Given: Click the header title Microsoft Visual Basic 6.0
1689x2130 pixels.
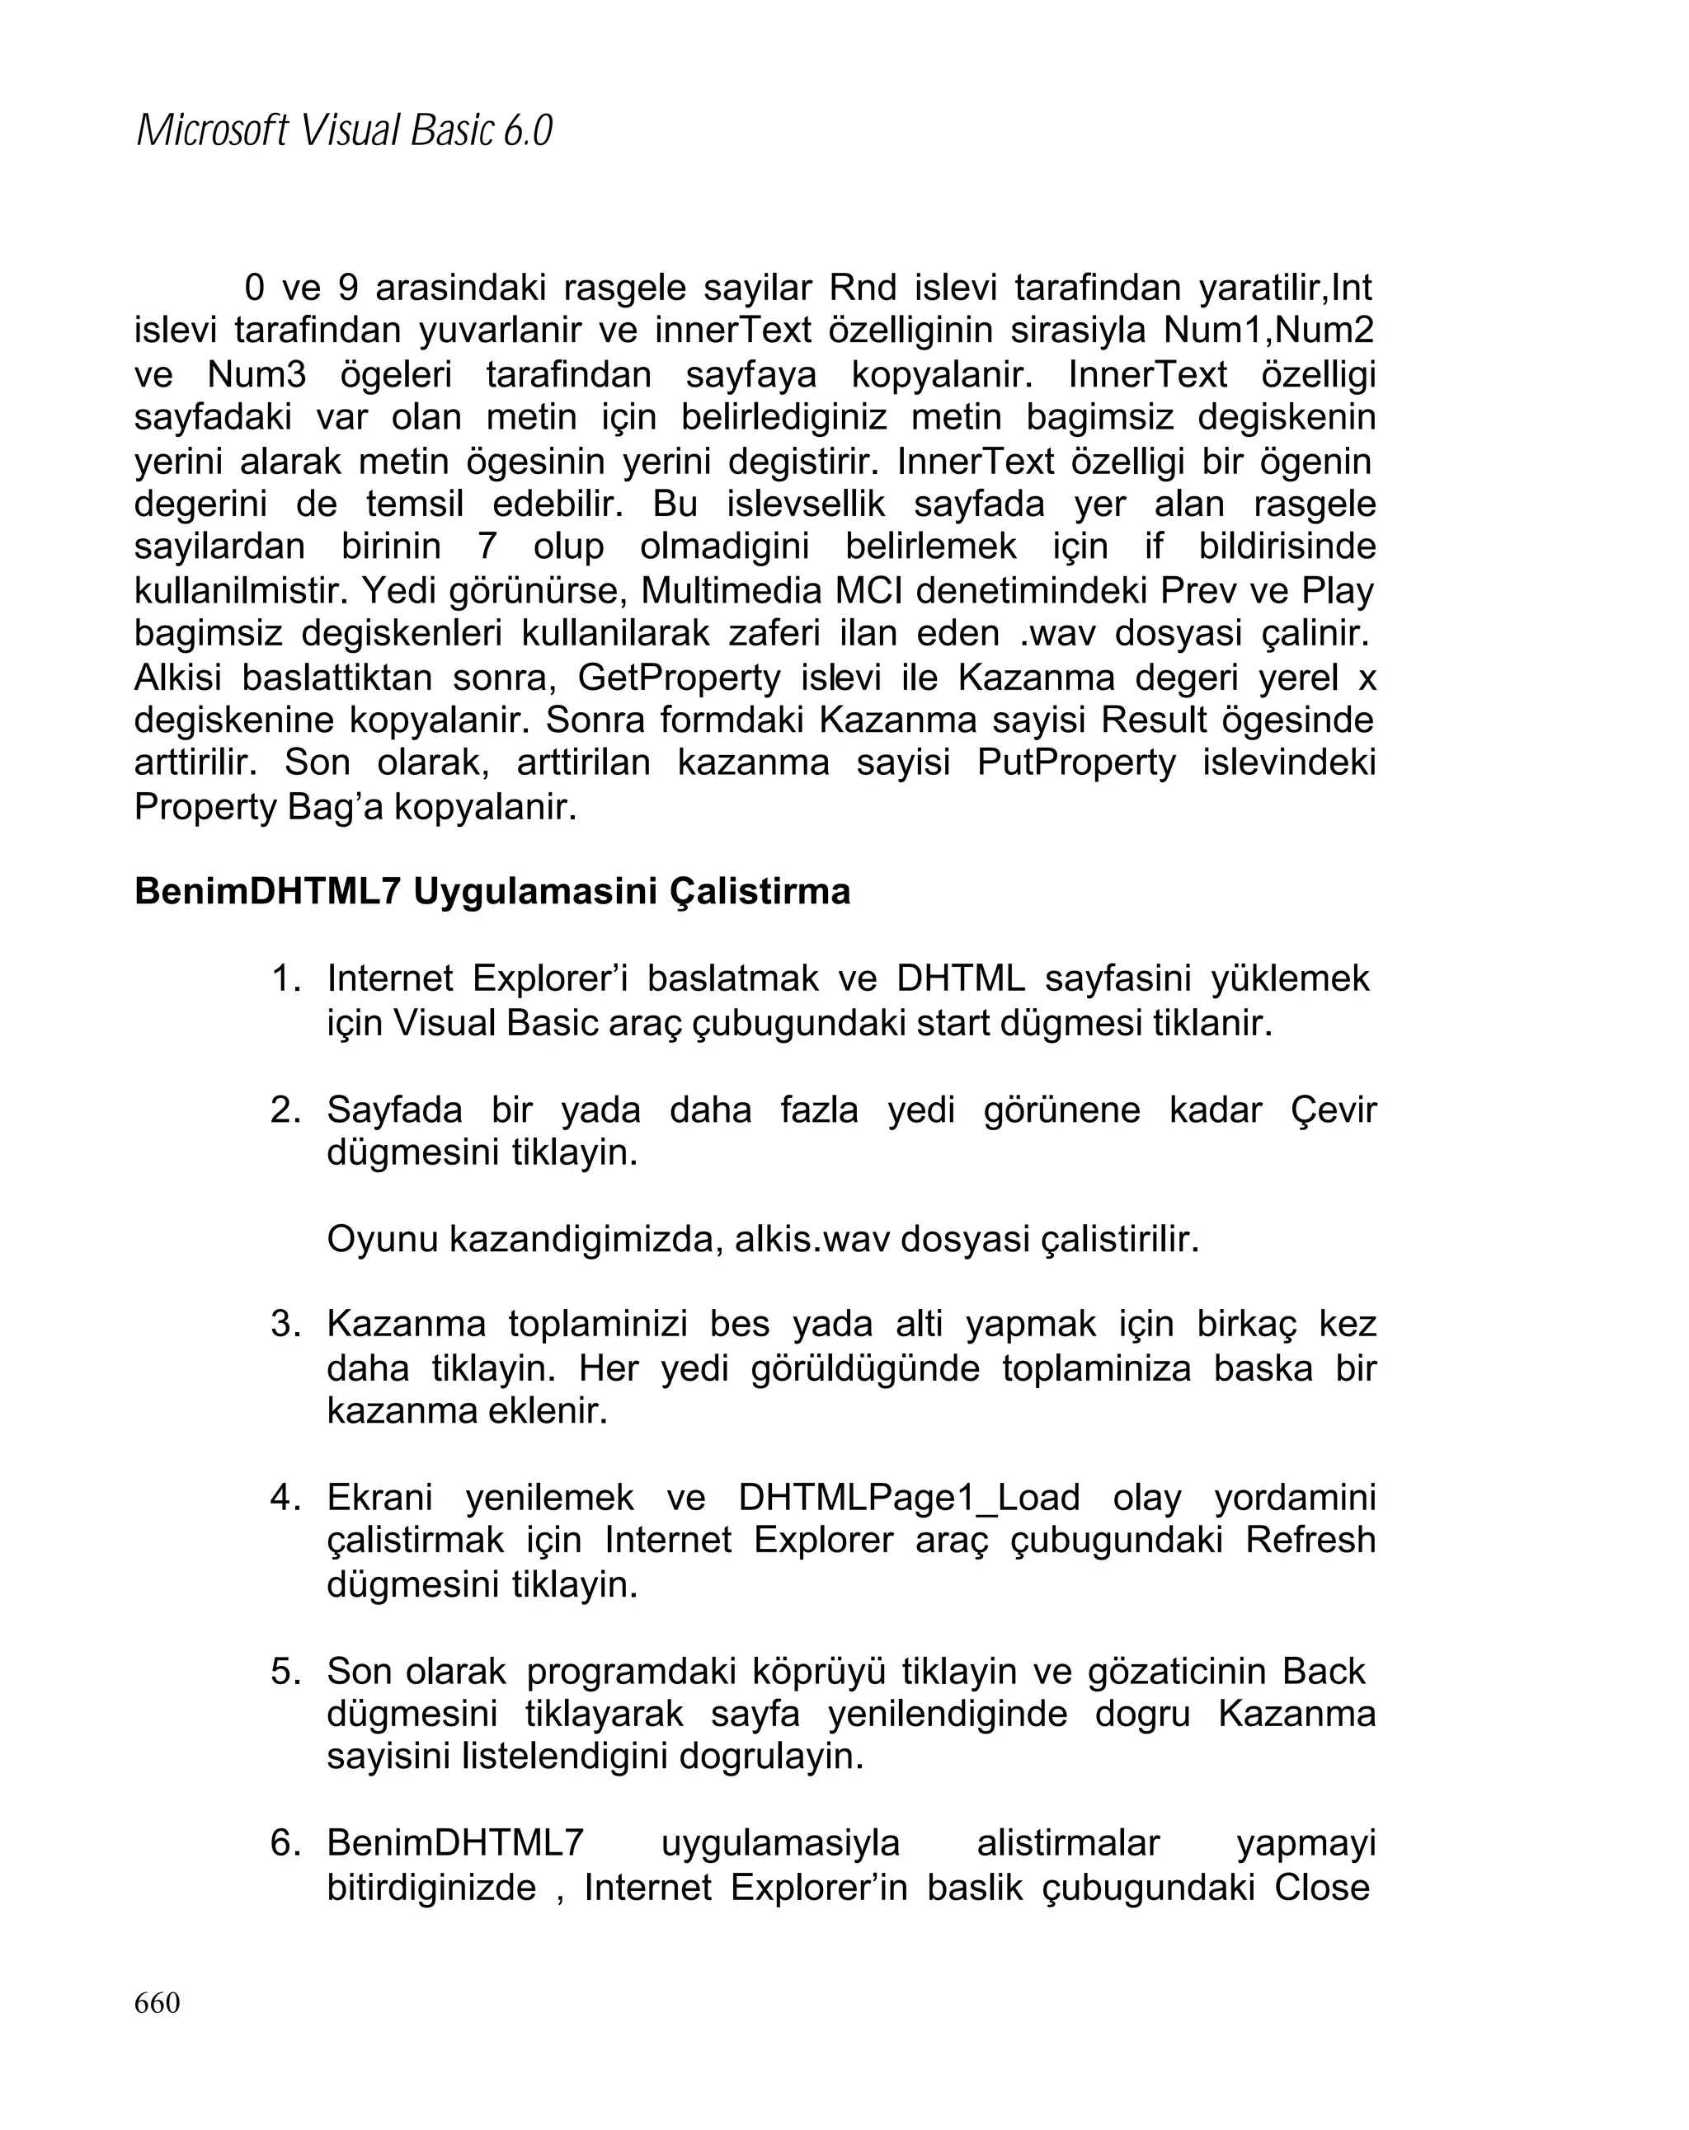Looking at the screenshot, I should (x=343, y=130).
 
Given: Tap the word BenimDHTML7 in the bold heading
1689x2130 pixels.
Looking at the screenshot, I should (x=267, y=891).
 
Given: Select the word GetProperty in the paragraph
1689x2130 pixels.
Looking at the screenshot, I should (x=679, y=678).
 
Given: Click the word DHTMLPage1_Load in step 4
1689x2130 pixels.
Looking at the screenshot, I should (x=908, y=1498).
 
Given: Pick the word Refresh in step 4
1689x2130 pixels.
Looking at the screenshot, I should (x=1310, y=1540).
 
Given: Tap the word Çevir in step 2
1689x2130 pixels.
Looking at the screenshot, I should (x=1332, y=1110).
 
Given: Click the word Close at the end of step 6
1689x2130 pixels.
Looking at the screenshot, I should (x=1321, y=1887).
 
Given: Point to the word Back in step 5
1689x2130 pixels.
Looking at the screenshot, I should (x=1324, y=1671).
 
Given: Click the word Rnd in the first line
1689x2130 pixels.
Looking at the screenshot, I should (x=862, y=289).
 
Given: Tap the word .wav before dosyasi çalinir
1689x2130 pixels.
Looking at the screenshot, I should (x=1056, y=633).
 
